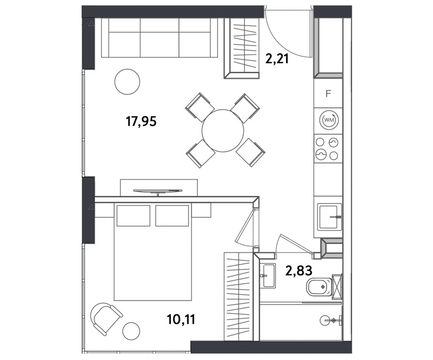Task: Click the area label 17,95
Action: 141,121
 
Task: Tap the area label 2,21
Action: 277,59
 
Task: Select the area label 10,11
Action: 181,319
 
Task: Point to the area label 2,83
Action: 299,270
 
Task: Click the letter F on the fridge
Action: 328,94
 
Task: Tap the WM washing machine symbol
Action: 329,120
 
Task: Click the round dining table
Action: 223,131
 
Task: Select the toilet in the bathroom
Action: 319,287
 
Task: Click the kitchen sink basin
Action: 329,217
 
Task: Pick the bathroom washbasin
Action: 268,275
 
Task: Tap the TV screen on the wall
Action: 158,191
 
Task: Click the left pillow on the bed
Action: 133,215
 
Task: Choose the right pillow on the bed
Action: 172,215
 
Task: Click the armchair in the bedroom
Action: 106,318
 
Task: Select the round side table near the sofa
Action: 127,82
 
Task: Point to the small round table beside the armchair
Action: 131,331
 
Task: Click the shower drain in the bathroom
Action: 333,320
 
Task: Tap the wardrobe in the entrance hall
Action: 241,49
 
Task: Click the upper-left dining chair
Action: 200,107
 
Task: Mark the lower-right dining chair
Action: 250,152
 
